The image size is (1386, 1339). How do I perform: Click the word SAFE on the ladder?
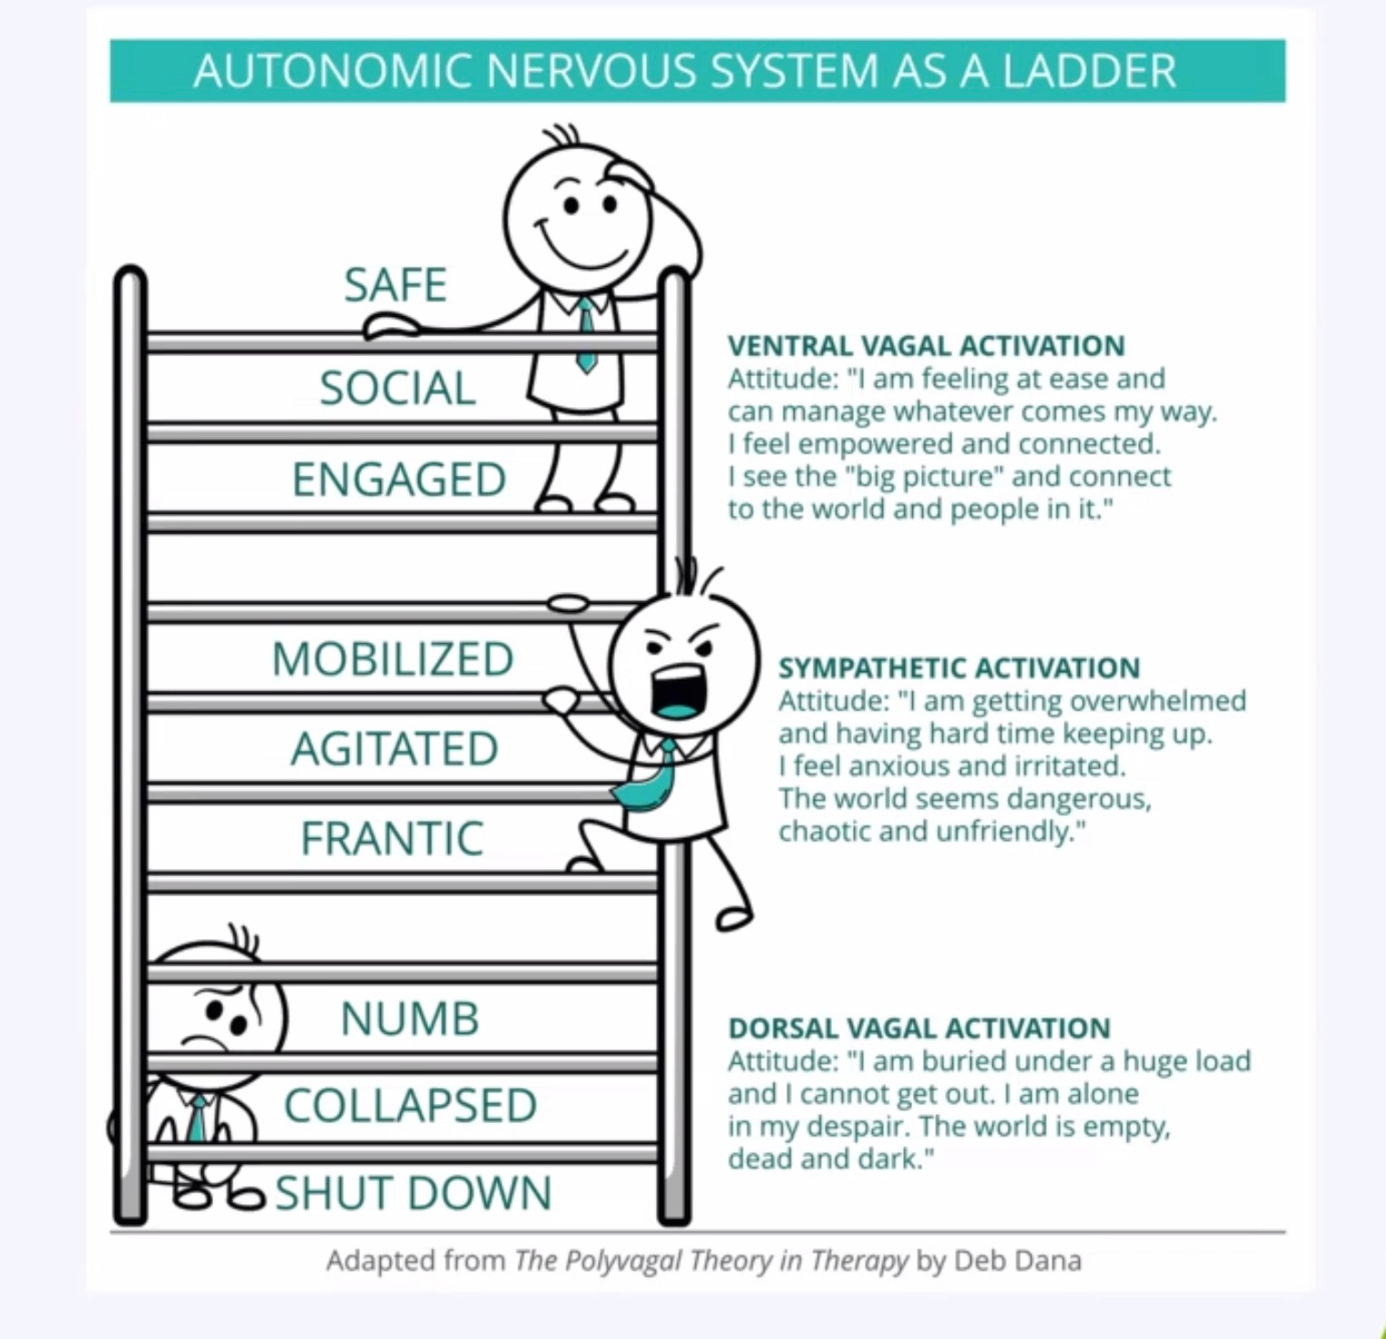pyautogui.click(x=395, y=285)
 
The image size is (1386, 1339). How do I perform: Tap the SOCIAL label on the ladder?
pyautogui.click(x=398, y=388)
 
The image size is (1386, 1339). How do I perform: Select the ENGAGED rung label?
pyautogui.click(x=399, y=480)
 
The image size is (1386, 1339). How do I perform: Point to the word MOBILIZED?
pyautogui.click(x=393, y=659)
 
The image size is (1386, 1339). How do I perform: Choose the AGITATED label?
pyautogui.click(x=395, y=749)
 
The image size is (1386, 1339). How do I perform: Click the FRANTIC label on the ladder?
pyautogui.click(x=392, y=839)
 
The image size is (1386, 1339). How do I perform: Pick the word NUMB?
pyautogui.click(x=410, y=1018)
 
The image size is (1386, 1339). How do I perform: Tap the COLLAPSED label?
pyautogui.click(x=410, y=1106)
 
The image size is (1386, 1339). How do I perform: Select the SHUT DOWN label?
pyautogui.click(x=414, y=1193)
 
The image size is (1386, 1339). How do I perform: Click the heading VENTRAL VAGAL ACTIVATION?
pyautogui.click(x=926, y=346)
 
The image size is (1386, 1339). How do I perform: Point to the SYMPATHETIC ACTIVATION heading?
pyautogui.click(x=959, y=668)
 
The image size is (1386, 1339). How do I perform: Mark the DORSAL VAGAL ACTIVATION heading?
pyautogui.click(x=919, y=1028)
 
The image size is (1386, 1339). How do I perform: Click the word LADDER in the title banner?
pyautogui.click(x=1089, y=71)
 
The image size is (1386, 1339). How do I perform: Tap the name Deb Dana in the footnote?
pyautogui.click(x=1018, y=1261)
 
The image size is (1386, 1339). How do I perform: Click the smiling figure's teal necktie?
pyautogui.click(x=585, y=332)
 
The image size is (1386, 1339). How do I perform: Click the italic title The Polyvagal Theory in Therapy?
pyautogui.click(x=711, y=1261)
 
